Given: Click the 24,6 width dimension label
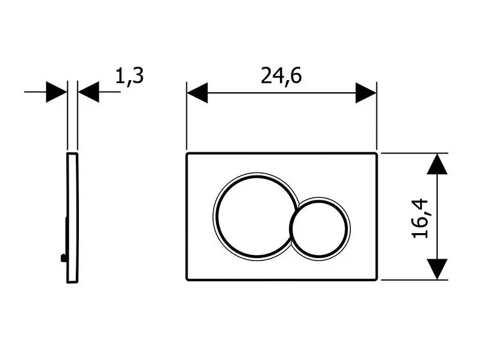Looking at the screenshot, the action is [x=281, y=76].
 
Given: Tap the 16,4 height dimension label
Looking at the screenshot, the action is [x=419, y=219].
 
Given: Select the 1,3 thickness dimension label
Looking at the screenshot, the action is [x=129, y=76].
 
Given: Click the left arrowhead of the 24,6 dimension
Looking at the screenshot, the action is [x=197, y=92].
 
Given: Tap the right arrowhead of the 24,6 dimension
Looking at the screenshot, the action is [x=366, y=92].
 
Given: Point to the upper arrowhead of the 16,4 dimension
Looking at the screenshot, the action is [x=437, y=164].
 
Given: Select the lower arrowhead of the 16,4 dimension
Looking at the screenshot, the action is [x=437, y=269].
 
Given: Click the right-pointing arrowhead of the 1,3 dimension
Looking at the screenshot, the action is [x=56, y=92].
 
